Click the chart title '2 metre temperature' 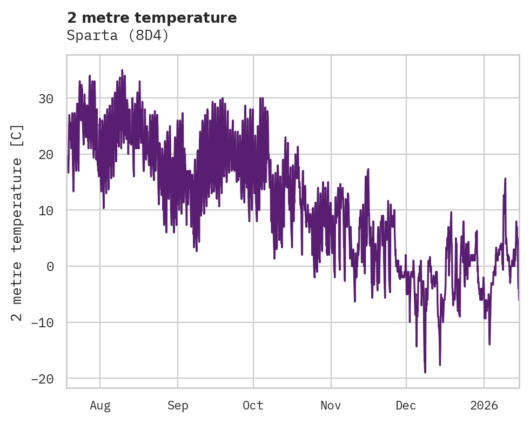pyautogui.click(x=152, y=18)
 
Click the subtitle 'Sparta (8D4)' pyautogui.click(x=118, y=36)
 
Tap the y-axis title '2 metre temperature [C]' pyautogui.click(x=18, y=222)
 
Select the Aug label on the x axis pyautogui.click(x=100, y=405)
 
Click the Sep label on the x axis pyautogui.click(x=177, y=405)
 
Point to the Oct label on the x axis pyautogui.click(x=253, y=405)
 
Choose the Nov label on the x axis pyautogui.click(x=331, y=405)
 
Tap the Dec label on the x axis pyautogui.click(x=406, y=405)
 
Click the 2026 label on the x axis pyautogui.click(x=484, y=405)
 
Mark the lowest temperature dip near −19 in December pyautogui.click(x=425, y=372)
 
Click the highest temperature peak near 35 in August pyautogui.click(x=122, y=70)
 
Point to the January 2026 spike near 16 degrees pyautogui.click(x=505, y=178)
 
